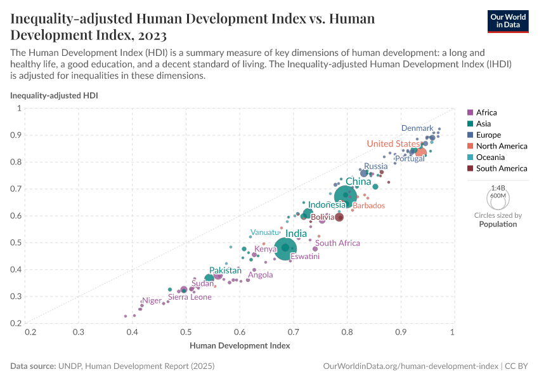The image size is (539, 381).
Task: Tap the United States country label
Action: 393,144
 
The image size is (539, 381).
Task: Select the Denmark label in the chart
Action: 417,128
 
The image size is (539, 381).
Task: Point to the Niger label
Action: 152,300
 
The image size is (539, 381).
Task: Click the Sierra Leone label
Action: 190,297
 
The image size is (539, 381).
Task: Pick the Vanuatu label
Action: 265,232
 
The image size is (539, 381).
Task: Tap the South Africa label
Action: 337,243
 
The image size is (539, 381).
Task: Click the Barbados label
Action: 368,206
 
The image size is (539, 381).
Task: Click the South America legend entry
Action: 501,168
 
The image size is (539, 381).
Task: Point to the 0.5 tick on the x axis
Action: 186,332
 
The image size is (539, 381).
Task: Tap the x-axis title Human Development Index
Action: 240,346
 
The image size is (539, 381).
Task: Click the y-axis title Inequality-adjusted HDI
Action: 54,95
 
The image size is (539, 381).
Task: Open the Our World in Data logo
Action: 509,20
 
